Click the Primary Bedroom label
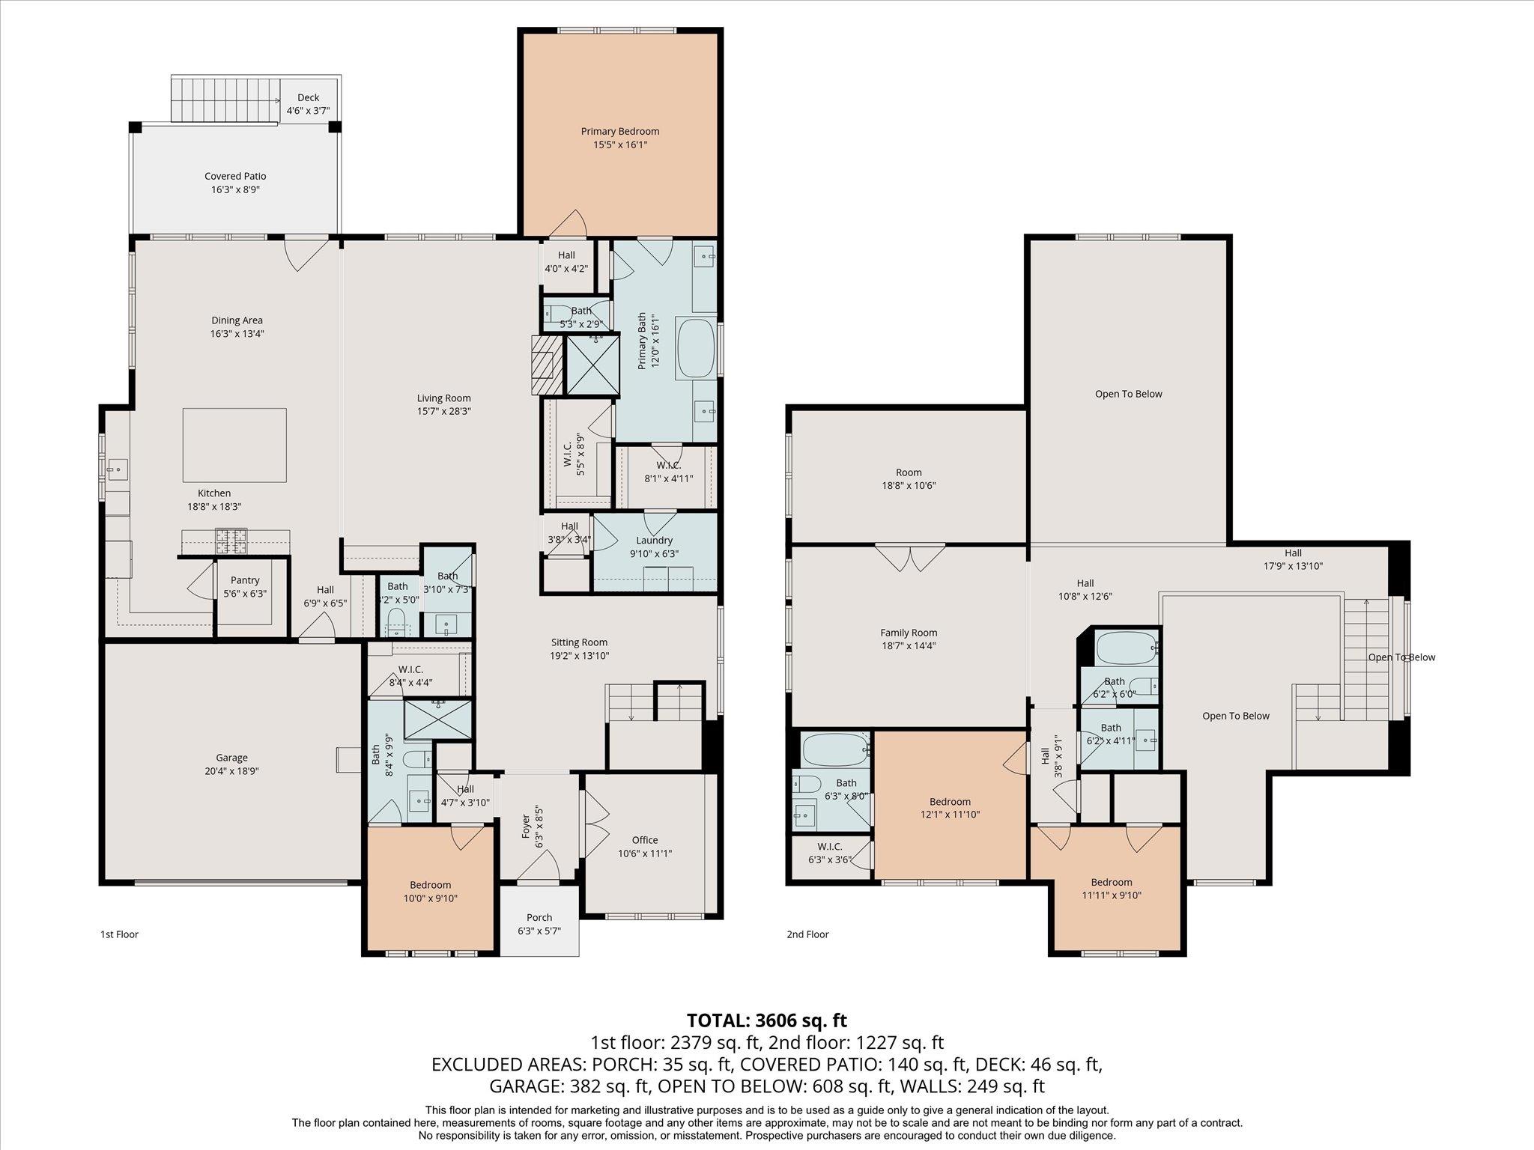pyautogui.click(x=619, y=132)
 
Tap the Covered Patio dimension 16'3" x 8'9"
pyautogui.click(x=235, y=190)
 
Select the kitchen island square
pyautogui.click(x=234, y=445)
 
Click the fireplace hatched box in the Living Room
pyautogui.click(x=546, y=365)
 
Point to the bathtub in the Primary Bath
pyautogui.click(x=697, y=350)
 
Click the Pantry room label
pyautogui.click(x=245, y=580)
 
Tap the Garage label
pyautogui.click(x=231, y=758)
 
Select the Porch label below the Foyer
pyautogui.click(x=539, y=917)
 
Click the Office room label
pyautogui.click(x=644, y=840)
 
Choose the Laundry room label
pyautogui.click(x=654, y=541)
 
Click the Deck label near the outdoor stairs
pyautogui.click(x=308, y=97)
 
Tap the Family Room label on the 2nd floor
pyautogui.click(x=909, y=633)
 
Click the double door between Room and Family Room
pyautogui.click(x=909, y=556)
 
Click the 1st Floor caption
pyautogui.click(x=119, y=934)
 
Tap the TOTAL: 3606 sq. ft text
pyautogui.click(x=766, y=1020)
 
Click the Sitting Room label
pyautogui.click(x=579, y=642)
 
